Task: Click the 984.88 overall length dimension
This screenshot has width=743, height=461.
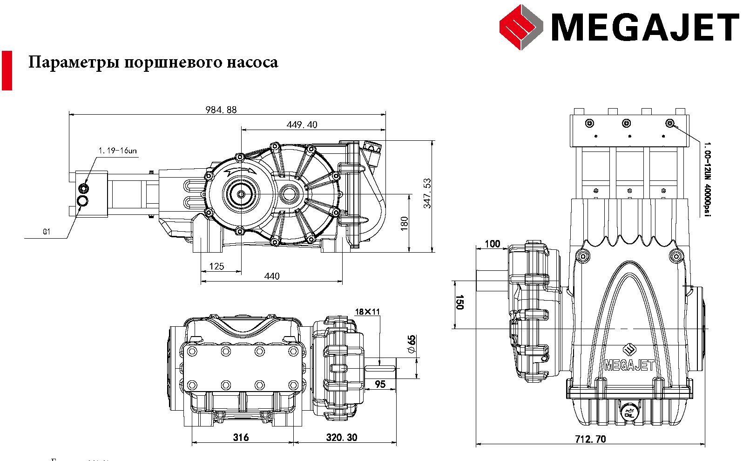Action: (221, 110)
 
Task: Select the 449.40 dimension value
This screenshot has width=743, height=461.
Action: (302, 125)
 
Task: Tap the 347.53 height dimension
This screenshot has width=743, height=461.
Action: (427, 193)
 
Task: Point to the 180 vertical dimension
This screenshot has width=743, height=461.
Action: (405, 222)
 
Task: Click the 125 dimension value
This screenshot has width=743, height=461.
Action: (216, 267)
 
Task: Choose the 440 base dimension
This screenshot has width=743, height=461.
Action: (272, 276)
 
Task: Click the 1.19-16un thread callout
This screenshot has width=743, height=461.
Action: (118, 151)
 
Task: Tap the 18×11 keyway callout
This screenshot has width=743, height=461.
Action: (367, 312)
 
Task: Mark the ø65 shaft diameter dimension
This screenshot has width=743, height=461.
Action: (411, 344)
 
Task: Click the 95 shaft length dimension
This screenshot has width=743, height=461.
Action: (380, 385)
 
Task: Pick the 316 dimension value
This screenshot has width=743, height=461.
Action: (241, 438)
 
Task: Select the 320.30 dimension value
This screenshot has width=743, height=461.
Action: (342, 438)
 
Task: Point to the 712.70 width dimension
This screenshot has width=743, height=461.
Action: (590, 439)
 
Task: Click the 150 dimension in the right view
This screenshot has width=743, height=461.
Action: (459, 303)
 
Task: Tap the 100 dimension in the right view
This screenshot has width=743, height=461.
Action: (492, 244)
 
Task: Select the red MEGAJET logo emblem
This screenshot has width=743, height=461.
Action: (521, 27)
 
